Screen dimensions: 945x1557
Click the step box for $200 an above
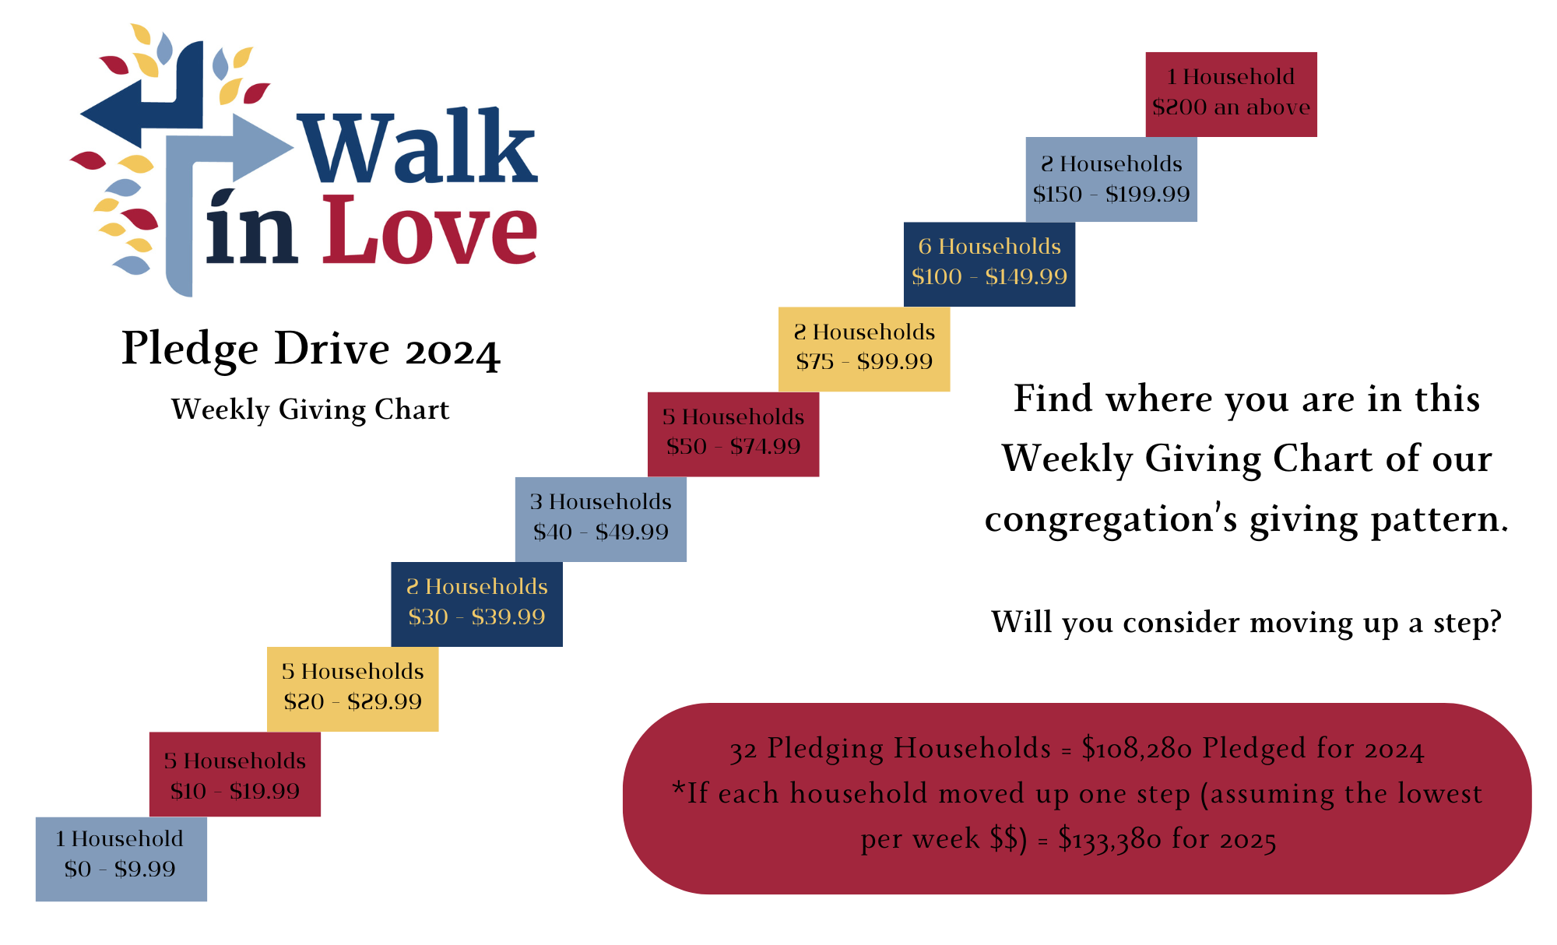coord(1231,94)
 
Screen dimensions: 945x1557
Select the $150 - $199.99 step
coord(1111,180)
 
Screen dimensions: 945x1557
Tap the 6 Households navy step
coord(989,264)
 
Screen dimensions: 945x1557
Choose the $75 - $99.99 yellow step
coord(864,349)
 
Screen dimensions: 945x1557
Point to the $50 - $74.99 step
coord(733,434)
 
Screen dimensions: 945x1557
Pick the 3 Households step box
coord(600,518)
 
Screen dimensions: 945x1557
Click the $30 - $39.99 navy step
coord(476,603)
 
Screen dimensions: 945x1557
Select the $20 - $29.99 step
coord(353,688)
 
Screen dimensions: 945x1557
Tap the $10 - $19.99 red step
coord(234,774)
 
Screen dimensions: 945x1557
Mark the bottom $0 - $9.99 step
coord(121,859)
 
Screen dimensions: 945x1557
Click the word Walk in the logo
coord(418,148)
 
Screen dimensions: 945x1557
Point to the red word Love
coord(430,230)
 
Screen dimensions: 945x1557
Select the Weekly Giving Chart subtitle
coord(310,409)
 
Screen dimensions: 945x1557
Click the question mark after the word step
coord(1492,623)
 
